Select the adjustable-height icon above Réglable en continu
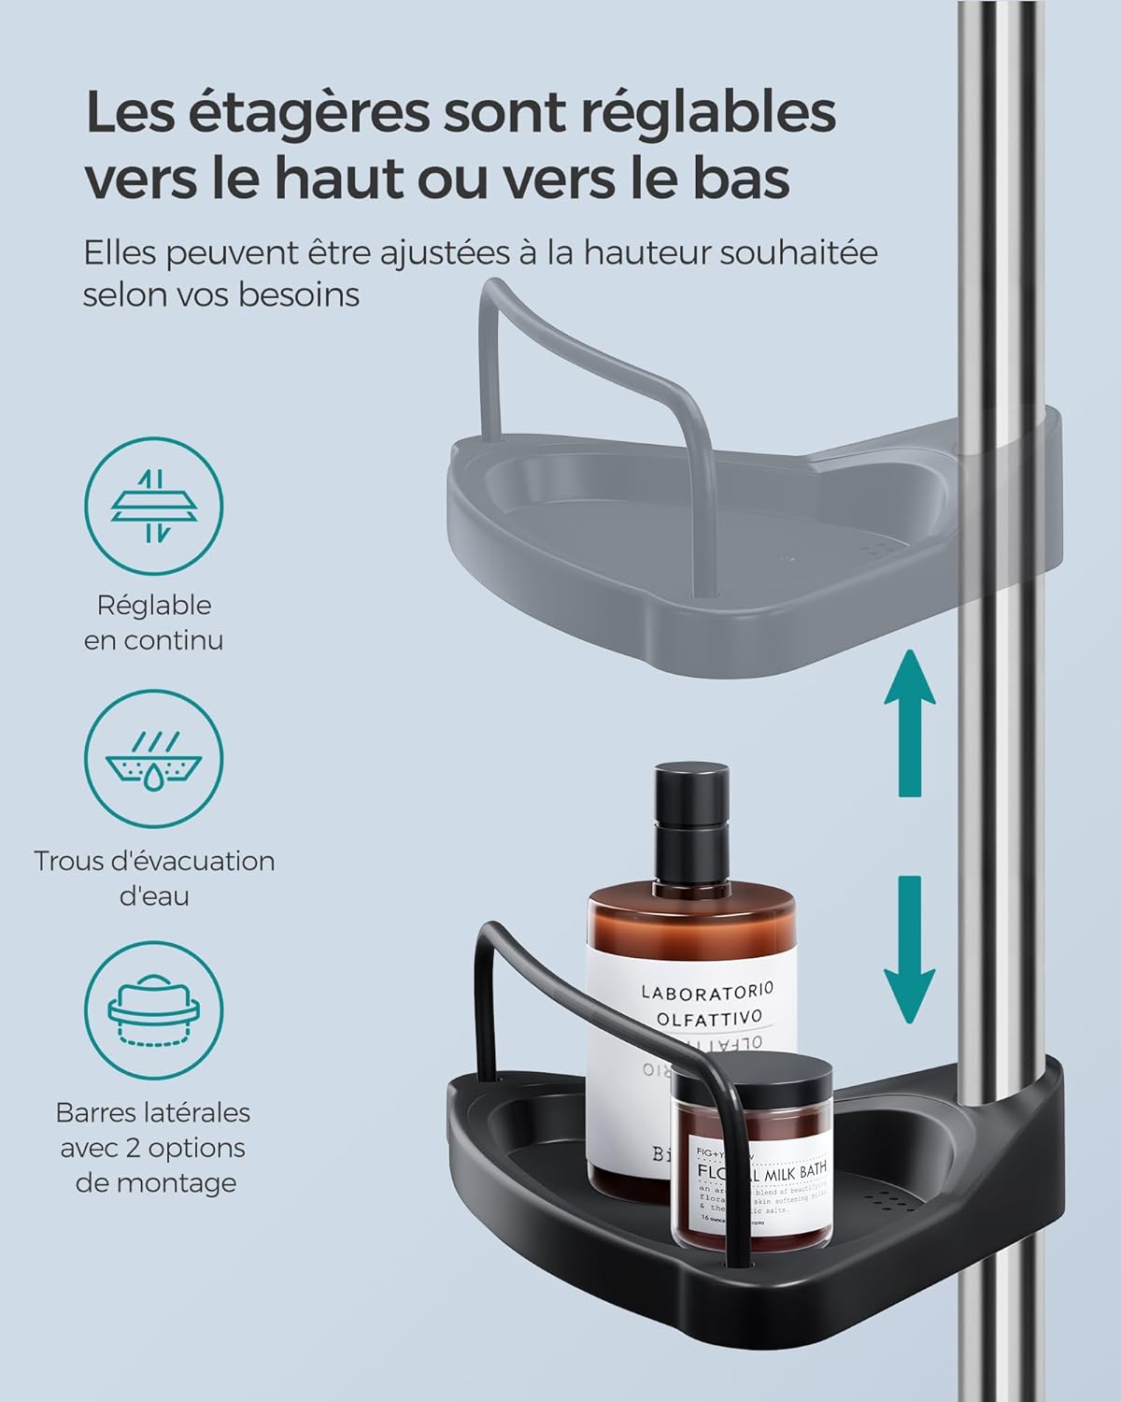154,507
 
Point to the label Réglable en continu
154,622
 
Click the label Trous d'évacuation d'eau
154,878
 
